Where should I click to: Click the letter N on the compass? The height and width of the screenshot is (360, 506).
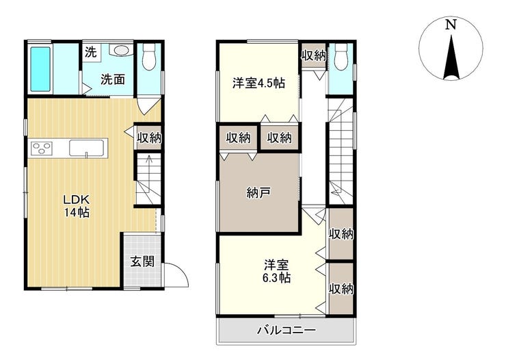point(451,25)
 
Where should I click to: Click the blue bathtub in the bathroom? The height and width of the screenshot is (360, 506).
point(40,69)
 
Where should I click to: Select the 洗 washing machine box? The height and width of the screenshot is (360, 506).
point(91,51)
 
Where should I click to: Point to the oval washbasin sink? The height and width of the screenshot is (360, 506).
point(121,51)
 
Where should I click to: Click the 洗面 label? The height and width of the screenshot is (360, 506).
point(113,79)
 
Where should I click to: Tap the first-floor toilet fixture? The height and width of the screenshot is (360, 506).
point(149,57)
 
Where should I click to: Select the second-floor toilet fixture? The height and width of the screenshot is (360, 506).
point(341,57)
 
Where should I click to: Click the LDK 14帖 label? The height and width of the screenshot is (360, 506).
point(76,206)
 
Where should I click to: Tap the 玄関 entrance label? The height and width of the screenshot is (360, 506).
point(142,261)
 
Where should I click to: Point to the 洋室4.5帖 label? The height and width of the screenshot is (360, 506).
point(258,83)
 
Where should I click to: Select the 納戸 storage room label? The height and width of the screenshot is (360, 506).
point(258,193)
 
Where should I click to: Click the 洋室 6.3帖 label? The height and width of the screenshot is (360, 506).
point(276,272)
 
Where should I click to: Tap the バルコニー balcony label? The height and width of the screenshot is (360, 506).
point(287,331)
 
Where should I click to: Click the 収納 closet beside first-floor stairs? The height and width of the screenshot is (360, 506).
point(149,138)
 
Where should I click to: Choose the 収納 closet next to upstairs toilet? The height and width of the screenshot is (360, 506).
point(314,55)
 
